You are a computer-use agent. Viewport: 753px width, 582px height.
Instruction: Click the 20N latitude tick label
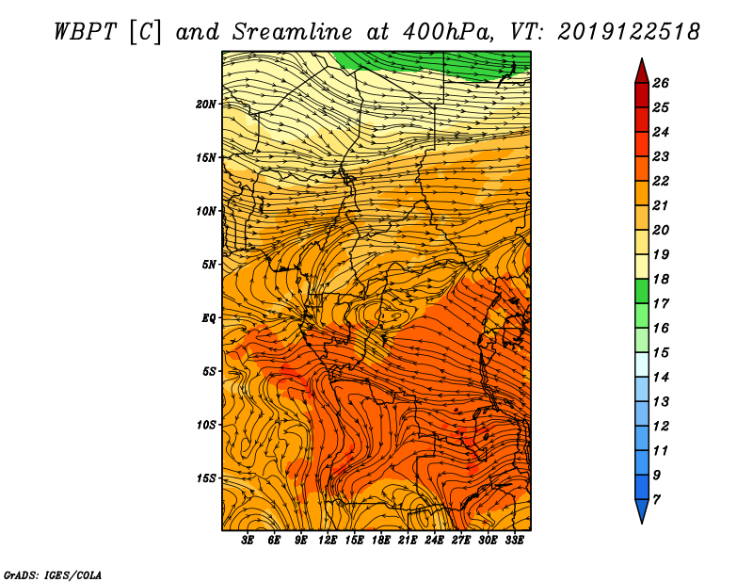(x=206, y=105)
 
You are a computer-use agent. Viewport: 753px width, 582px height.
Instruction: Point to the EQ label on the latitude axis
(x=209, y=318)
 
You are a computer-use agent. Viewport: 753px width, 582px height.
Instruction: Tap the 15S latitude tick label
(x=206, y=478)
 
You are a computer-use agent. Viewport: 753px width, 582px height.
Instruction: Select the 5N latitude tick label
(x=209, y=265)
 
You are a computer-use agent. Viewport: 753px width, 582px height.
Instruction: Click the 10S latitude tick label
(x=206, y=426)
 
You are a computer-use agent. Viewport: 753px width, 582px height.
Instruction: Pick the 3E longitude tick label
(x=248, y=541)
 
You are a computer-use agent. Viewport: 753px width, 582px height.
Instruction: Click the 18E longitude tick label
(x=381, y=541)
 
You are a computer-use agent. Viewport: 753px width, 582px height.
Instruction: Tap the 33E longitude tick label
(x=514, y=541)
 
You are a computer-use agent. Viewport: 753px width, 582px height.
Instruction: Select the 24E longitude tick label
(x=434, y=541)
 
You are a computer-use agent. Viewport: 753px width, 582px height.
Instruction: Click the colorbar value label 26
(x=661, y=83)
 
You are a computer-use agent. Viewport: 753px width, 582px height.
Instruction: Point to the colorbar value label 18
(x=661, y=279)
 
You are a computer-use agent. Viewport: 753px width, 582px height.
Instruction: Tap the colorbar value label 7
(x=656, y=500)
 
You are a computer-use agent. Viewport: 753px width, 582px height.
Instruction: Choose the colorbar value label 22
(x=661, y=181)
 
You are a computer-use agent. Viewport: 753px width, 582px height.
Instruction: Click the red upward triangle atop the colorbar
(x=642, y=71)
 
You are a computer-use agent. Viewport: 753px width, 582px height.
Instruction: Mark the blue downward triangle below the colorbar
(x=642, y=511)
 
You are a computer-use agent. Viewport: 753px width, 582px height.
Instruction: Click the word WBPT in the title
(x=86, y=32)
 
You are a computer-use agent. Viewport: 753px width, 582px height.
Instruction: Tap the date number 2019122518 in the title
(x=629, y=32)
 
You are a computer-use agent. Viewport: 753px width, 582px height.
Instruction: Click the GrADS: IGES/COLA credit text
(x=53, y=575)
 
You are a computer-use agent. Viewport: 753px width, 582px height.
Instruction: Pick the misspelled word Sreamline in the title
(x=293, y=32)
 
